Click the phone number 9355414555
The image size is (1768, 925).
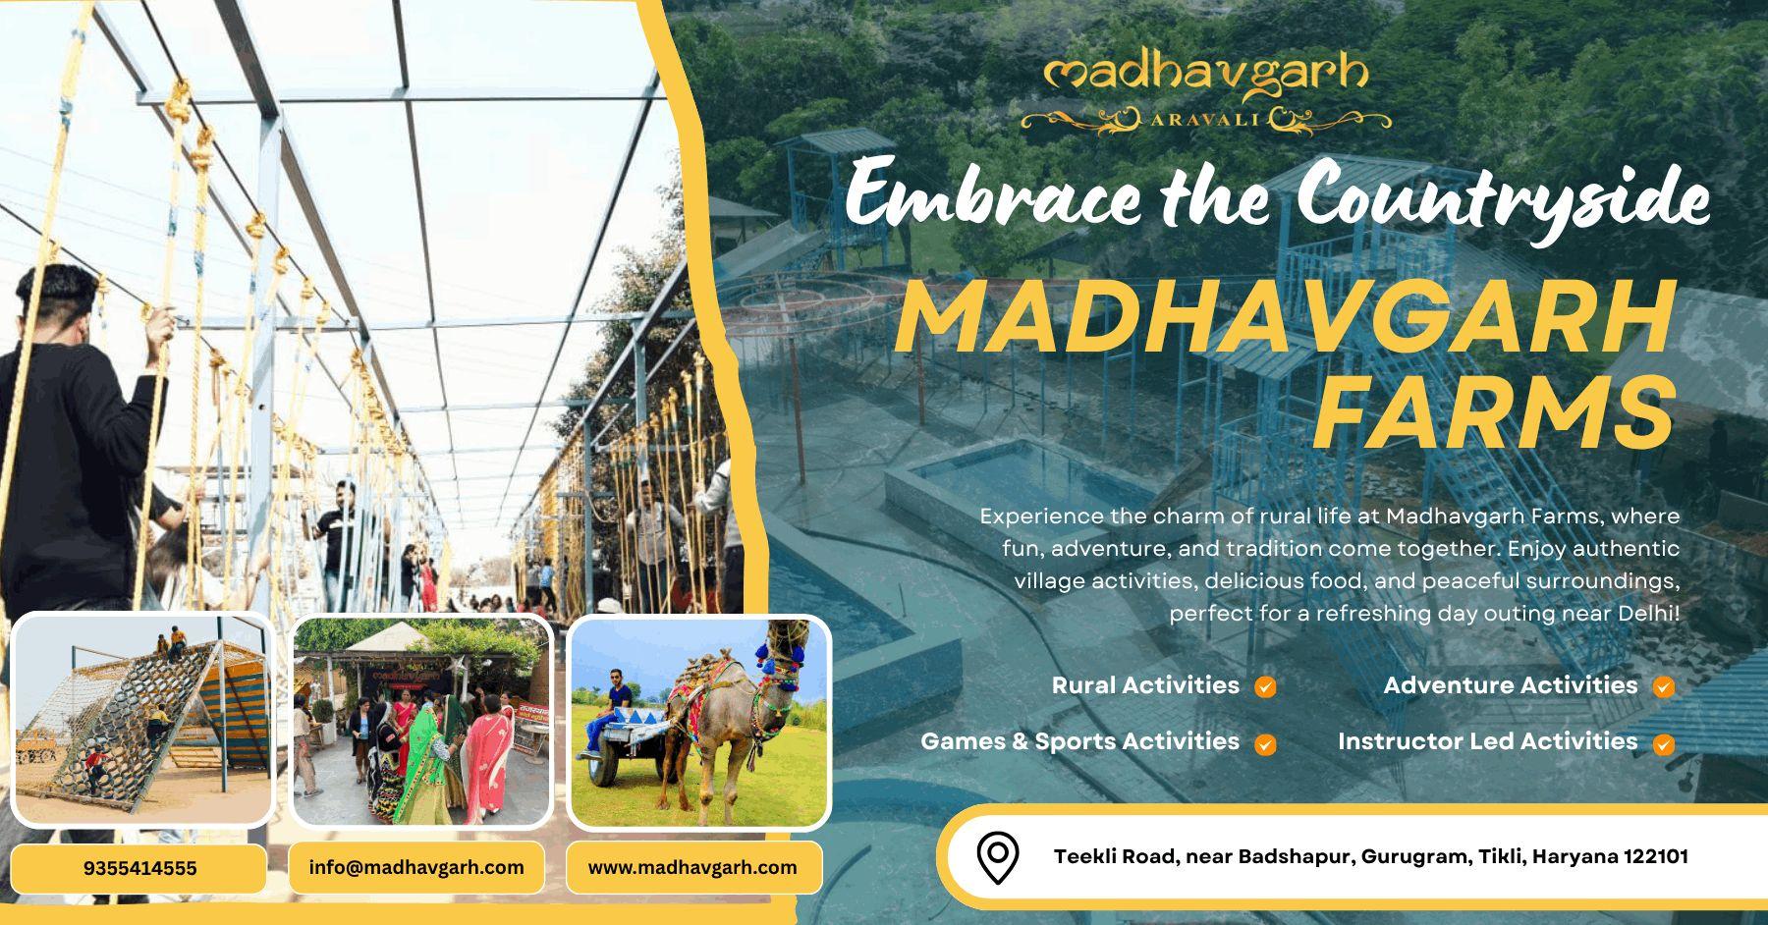tap(139, 868)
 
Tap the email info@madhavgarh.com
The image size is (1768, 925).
tap(416, 867)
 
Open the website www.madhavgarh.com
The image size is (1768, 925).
tap(692, 867)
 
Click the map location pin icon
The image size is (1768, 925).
tap(998, 857)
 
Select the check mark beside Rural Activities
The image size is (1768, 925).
tap(1266, 687)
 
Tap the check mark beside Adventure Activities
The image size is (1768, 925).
tap(1663, 687)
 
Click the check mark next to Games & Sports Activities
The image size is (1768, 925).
tap(1266, 744)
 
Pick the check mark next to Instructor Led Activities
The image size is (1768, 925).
tap(1663, 744)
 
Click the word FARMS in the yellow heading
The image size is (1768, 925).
tap(1493, 412)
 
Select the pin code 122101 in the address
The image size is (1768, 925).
tap(1654, 856)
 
